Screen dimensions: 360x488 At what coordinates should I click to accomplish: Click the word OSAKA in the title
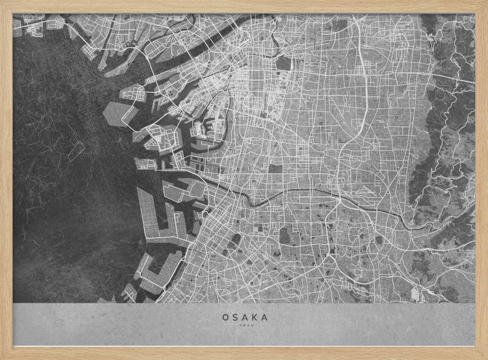[244, 317]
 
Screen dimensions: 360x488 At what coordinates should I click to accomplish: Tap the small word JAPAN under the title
[244, 325]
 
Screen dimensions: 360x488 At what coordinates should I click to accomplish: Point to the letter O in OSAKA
[225, 317]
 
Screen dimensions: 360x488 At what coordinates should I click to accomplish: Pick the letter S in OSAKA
[235, 317]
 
